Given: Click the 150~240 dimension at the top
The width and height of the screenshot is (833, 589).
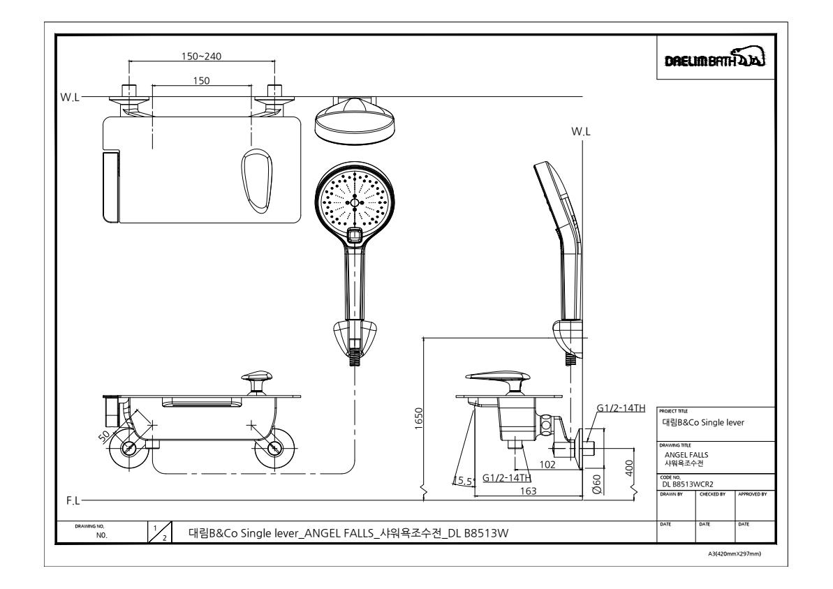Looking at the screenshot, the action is [x=201, y=57].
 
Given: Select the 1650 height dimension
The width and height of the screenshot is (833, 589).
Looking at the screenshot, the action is [x=419, y=419].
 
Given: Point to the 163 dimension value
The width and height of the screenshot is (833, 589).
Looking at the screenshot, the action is [x=528, y=491].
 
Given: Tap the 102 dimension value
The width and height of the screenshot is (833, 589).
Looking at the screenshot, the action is [x=547, y=465].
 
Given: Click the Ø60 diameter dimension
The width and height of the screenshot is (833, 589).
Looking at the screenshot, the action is [x=596, y=484].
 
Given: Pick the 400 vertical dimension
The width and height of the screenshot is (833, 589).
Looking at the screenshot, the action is [x=629, y=468].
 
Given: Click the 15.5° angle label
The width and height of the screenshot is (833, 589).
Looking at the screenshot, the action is [x=463, y=482].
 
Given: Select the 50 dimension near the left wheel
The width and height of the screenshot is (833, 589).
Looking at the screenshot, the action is [x=105, y=435].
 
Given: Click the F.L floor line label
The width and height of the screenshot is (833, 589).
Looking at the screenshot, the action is [x=73, y=500].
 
